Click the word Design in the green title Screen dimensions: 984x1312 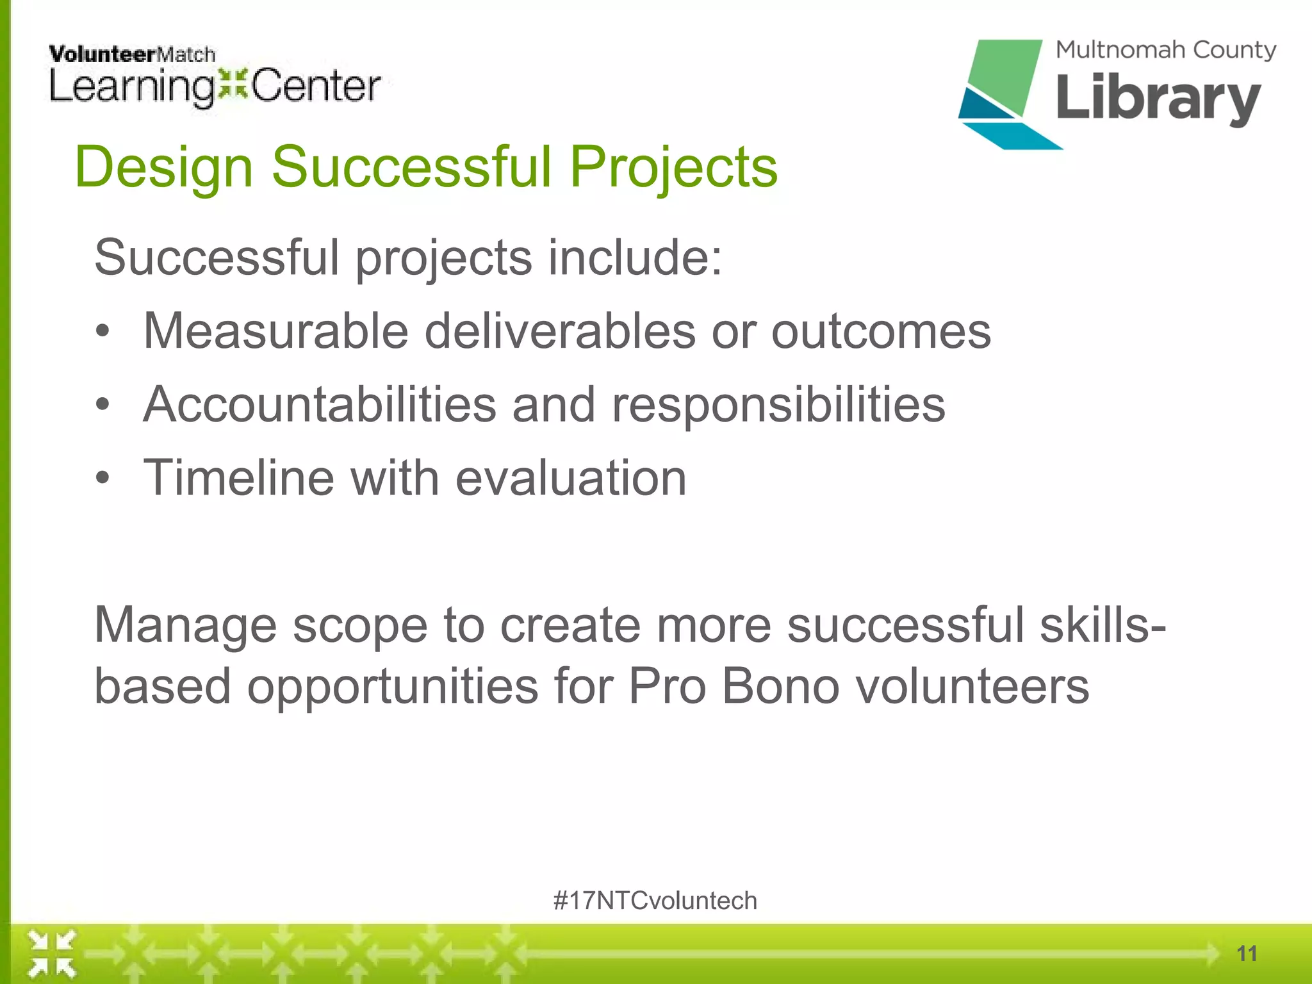[x=164, y=168]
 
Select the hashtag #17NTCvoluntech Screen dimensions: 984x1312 [x=655, y=901]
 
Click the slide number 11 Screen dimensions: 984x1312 [x=1246, y=953]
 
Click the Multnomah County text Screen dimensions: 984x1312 [x=1165, y=50]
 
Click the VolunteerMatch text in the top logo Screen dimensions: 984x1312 [x=132, y=54]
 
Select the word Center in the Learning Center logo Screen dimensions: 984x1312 [x=316, y=86]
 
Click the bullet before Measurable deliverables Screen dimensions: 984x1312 [x=102, y=332]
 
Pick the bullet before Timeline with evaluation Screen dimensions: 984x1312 [x=102, y=479]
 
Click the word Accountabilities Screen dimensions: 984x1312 [x=320, y=405]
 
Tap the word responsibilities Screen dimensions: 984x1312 [x=778, y=405]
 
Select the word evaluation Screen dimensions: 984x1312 [x=571, y=479]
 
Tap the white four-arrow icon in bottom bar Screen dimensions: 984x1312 [x=52, y=954]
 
